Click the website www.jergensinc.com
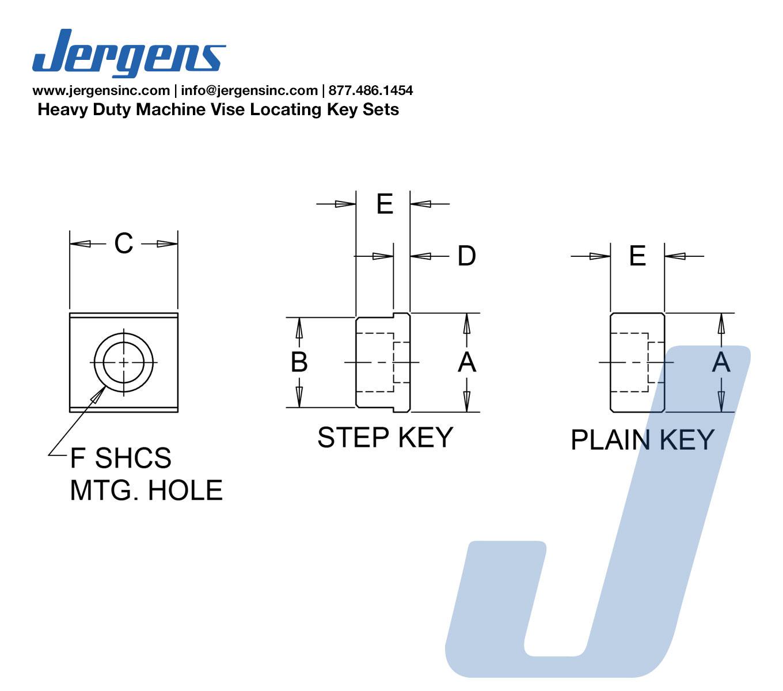(101, 90)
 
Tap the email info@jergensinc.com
(249, 90)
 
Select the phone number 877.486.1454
(371, 90)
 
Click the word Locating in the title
(285, 109)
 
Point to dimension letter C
(124, 243)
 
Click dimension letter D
(466, 256)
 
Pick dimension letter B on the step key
(299, 362)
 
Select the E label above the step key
(385, 204)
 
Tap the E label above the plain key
(637, 256)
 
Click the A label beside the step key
(467, 362)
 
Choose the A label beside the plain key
(721, 362)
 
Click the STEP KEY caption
(385, 437)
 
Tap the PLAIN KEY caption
(643, 440)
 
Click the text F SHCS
(120, 458)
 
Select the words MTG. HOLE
(146, 490)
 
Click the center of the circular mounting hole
(124, 362)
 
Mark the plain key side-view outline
(610, 362)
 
